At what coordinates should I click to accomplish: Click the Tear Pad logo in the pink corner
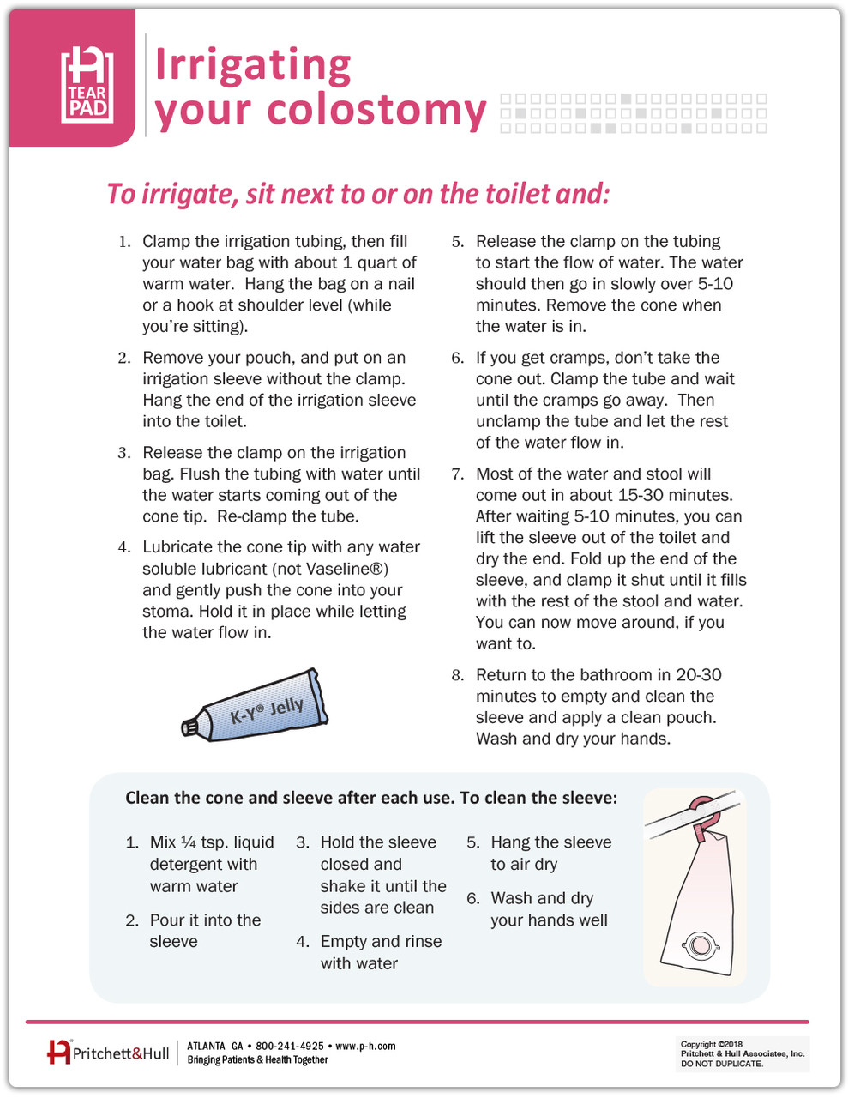[x=87, y=83]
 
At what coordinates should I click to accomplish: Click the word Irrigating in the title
[x=253, y=66]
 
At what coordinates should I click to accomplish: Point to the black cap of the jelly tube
[x=190, y=727]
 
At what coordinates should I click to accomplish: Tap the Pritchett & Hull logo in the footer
[x=109, y=1053]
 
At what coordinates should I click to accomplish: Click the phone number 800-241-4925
[x=290, y=1047]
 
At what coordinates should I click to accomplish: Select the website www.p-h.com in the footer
[x=365, y=1047]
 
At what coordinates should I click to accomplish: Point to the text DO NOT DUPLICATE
[x=721, y=1064]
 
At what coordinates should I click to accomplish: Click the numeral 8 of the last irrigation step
[x=457, y=676]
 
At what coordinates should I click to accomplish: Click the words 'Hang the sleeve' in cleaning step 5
[x=550, y=842]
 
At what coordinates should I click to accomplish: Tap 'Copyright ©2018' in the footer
[x=711, y=1045]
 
